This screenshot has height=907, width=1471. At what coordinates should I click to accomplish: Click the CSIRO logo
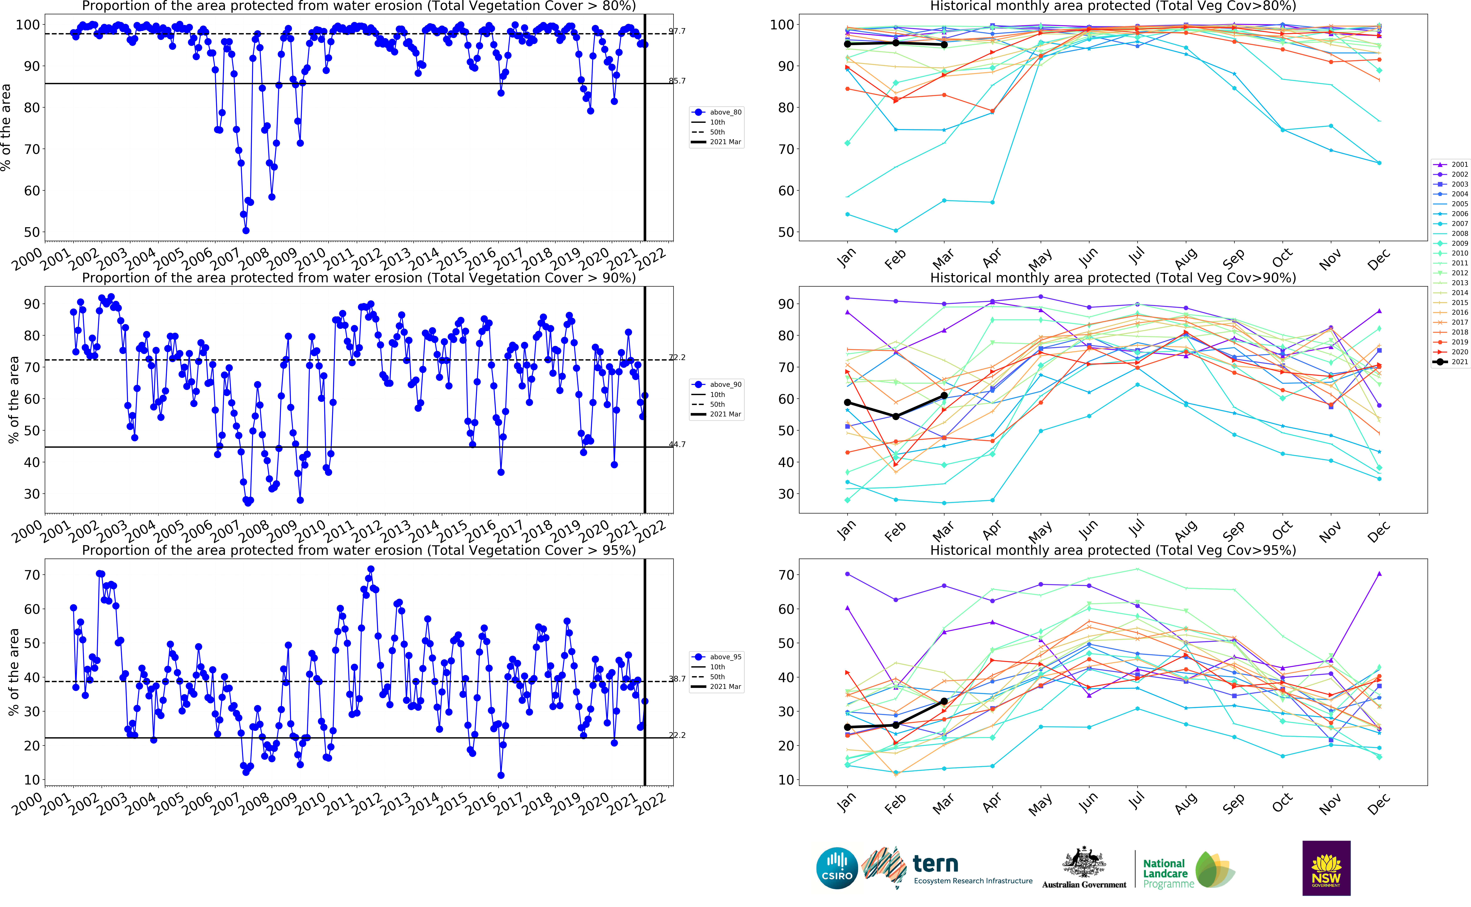[837, 868]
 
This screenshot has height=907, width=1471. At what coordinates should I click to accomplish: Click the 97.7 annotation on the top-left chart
[677, 31]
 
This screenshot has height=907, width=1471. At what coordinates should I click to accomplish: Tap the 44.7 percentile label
[677, 445]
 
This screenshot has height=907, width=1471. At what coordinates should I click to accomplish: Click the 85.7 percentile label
[677, 81]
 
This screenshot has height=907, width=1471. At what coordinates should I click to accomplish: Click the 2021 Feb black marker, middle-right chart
[896, 416]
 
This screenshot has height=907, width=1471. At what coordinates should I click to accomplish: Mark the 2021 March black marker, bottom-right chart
[944, 701]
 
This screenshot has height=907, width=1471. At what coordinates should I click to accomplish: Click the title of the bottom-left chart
[358, 550]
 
